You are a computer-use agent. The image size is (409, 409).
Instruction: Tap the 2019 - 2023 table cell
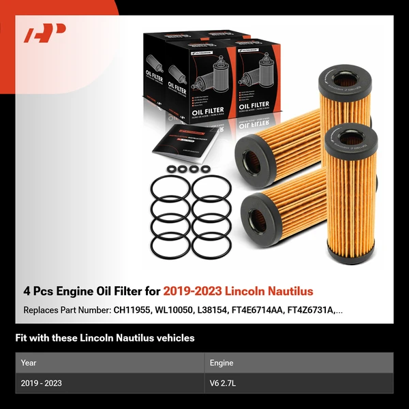click(42, 383)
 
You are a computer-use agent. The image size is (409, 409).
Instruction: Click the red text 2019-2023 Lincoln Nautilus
click(238, 291)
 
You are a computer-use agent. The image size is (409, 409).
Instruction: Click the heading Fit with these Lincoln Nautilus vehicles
click(105, 337)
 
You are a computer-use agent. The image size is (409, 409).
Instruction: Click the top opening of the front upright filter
click(351, 139)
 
